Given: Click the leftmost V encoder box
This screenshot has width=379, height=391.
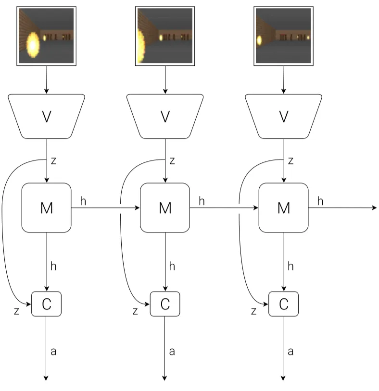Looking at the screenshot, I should pos(47,116).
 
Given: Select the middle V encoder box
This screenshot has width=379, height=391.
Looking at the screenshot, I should pos(165,116).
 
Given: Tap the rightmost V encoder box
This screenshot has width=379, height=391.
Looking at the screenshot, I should pos(284,116).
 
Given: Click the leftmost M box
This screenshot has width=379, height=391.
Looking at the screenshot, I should pos(47,208).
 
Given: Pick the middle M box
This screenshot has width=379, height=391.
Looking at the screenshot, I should pos(165,208).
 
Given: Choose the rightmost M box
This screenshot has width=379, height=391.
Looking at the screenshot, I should pos(284,208).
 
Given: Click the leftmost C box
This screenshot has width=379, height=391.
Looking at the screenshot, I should pos(47,304).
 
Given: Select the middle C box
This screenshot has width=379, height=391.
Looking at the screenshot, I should pos(165,304).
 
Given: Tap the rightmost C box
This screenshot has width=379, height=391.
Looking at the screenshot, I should pos(284,304).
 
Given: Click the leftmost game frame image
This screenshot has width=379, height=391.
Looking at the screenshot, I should pos(47,36).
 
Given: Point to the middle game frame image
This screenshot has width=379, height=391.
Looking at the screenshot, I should pos(165,36).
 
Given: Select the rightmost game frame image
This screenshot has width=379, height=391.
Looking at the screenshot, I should pos(284,36).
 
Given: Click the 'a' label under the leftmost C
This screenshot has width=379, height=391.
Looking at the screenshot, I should pos(53,351).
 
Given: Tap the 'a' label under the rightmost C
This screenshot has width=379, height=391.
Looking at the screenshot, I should pos(291,351).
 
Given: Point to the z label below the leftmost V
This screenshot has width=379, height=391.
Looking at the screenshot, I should pos(53,161).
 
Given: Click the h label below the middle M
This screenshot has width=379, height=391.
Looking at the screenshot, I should pos(172,266).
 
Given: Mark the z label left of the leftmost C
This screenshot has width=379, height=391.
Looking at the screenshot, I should pos(17,311).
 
